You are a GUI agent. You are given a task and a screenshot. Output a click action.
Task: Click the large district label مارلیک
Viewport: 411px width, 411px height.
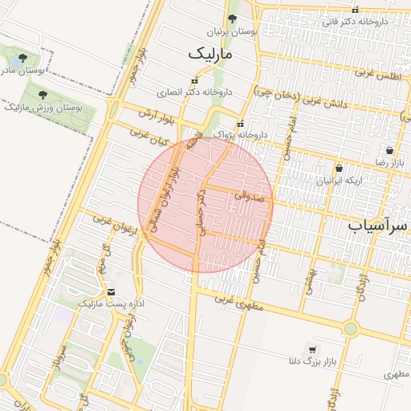click(x=210, y=55)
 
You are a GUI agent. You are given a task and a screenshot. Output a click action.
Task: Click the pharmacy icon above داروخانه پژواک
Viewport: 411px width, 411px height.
click(x=241, y=122)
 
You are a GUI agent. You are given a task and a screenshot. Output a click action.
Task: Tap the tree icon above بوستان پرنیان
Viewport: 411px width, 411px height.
click(x=233, y=19)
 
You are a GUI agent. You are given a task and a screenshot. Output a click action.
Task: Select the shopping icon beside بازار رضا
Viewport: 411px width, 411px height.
click(x=389, y=150)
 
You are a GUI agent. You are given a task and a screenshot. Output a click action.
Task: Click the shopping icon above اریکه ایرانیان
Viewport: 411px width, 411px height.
click(x=340, y=169)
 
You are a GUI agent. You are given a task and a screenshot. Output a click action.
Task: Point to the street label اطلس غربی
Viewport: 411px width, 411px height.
click(x=376, y=75)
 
